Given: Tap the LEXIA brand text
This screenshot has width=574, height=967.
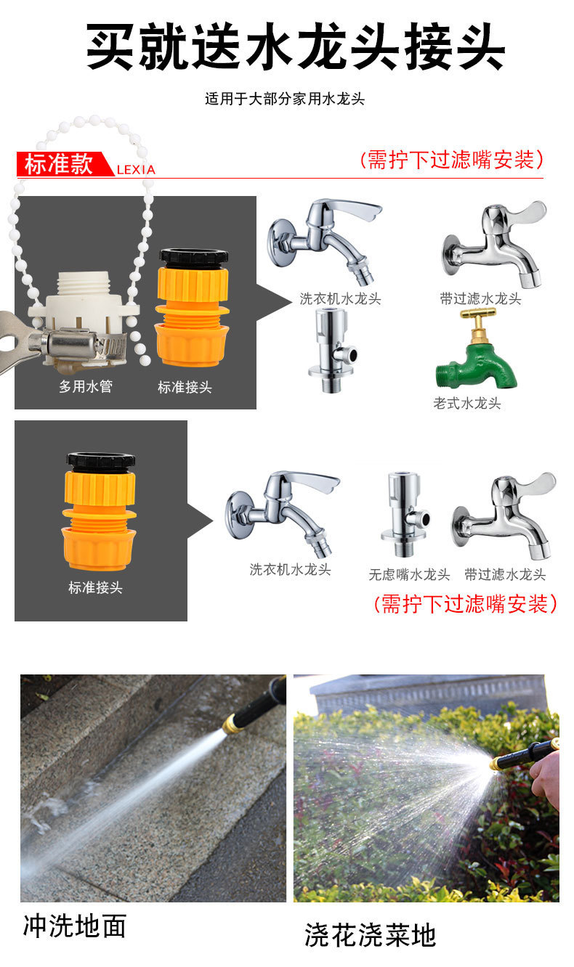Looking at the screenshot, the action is click(136, 170).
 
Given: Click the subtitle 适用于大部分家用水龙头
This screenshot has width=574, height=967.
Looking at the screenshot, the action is click(285, 99).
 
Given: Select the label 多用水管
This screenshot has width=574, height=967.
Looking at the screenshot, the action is click(86, 386).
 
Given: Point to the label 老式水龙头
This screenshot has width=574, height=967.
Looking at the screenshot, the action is click(467, 403).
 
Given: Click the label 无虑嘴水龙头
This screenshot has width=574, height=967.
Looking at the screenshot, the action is click(409, 574).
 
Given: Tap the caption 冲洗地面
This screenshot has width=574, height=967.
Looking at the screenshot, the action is click(74, 926).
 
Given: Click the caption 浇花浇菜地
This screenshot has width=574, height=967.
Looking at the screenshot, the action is click(370, 936).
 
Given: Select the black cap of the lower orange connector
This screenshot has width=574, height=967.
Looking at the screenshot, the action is click(101, 462).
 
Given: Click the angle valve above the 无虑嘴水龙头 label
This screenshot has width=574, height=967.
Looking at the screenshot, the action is click(405, 514).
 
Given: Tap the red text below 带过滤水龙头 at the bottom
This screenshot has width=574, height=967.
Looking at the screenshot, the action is click(465, 603).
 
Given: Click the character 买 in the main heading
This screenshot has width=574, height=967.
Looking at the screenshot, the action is click(110, 46).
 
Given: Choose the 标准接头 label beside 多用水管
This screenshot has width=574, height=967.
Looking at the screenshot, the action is click(185, 387).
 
